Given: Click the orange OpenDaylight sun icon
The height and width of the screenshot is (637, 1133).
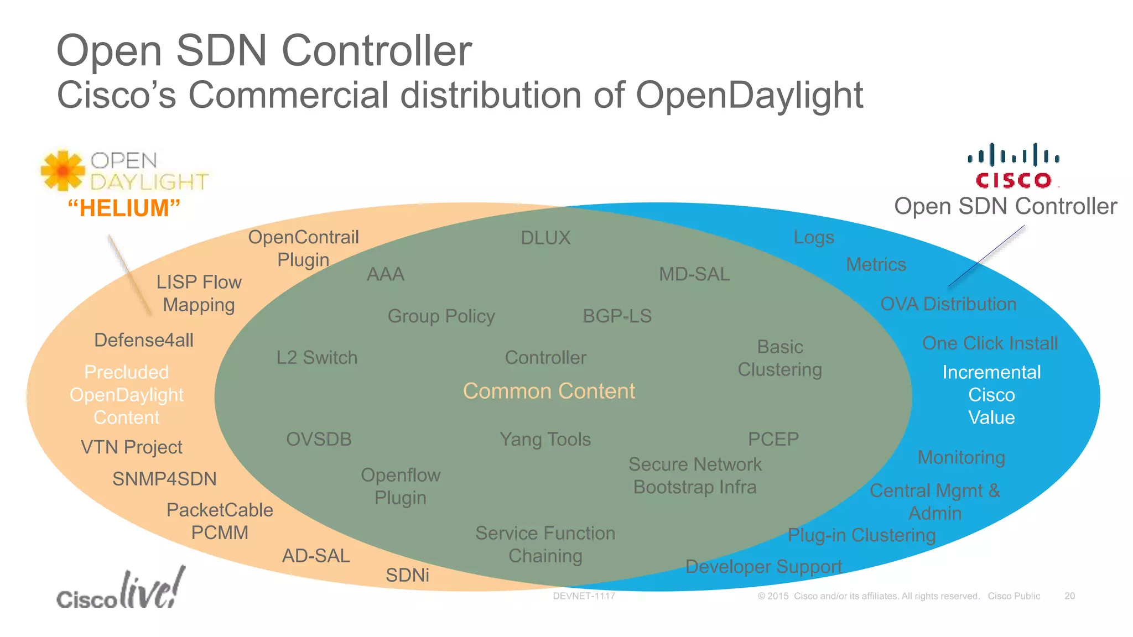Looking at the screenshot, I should [63, 170].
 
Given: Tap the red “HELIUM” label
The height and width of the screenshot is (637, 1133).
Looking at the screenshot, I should [124, 208].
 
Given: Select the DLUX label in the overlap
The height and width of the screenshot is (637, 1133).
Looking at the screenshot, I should [545, 238].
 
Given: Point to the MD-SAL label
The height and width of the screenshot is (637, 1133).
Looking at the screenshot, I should [694, 274].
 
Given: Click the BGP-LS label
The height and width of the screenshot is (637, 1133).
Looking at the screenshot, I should [617, 316].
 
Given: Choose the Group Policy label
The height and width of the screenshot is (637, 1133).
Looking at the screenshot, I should [441, 316].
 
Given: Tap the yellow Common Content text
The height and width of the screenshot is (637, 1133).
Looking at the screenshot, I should [549, 391].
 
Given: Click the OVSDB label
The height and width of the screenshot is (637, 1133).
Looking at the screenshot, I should [319, 439].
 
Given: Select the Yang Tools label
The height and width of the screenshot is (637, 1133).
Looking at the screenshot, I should [545, 439].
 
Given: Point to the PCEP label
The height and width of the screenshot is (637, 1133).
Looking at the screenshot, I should [773, 439].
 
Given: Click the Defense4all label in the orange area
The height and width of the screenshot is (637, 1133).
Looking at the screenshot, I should [144, 340].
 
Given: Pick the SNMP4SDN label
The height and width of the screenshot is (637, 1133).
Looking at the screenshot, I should [164, 479].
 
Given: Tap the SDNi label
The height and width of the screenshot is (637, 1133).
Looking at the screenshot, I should [407, 575].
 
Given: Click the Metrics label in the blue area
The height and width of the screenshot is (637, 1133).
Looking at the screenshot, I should [876, 264].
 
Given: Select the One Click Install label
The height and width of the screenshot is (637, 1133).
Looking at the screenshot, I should [990, 343].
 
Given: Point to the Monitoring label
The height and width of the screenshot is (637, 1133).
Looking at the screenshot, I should [961, 457].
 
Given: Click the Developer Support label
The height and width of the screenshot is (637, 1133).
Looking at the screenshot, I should [763, 566].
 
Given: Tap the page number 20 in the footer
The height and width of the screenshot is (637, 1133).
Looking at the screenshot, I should [1069, 596].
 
